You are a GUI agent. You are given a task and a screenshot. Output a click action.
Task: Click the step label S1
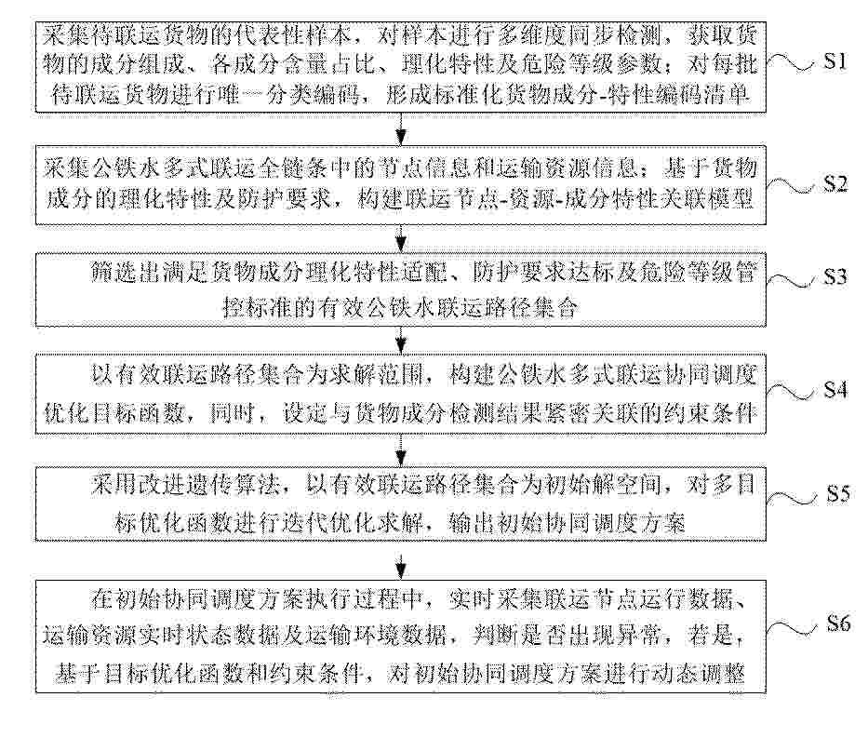click(835, 60)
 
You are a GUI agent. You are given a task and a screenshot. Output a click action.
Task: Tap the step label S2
click(835, 183)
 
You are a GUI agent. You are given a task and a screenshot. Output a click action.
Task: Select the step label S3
click(835, 276)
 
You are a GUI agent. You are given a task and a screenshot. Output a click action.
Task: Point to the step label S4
click(835, 390)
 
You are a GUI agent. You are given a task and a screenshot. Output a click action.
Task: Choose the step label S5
click(838, 493)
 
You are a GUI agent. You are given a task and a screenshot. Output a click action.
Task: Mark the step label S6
click(838, 624)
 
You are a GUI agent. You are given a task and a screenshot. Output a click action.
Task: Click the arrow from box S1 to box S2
click(401, 129)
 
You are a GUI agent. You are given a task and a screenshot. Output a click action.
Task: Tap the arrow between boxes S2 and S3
click(401, 239)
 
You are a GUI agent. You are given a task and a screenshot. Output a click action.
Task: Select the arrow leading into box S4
click(401, 340)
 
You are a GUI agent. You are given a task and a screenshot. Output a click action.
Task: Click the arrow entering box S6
click(401, 565)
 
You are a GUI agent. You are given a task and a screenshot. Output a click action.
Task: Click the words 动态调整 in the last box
click(697, 674)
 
